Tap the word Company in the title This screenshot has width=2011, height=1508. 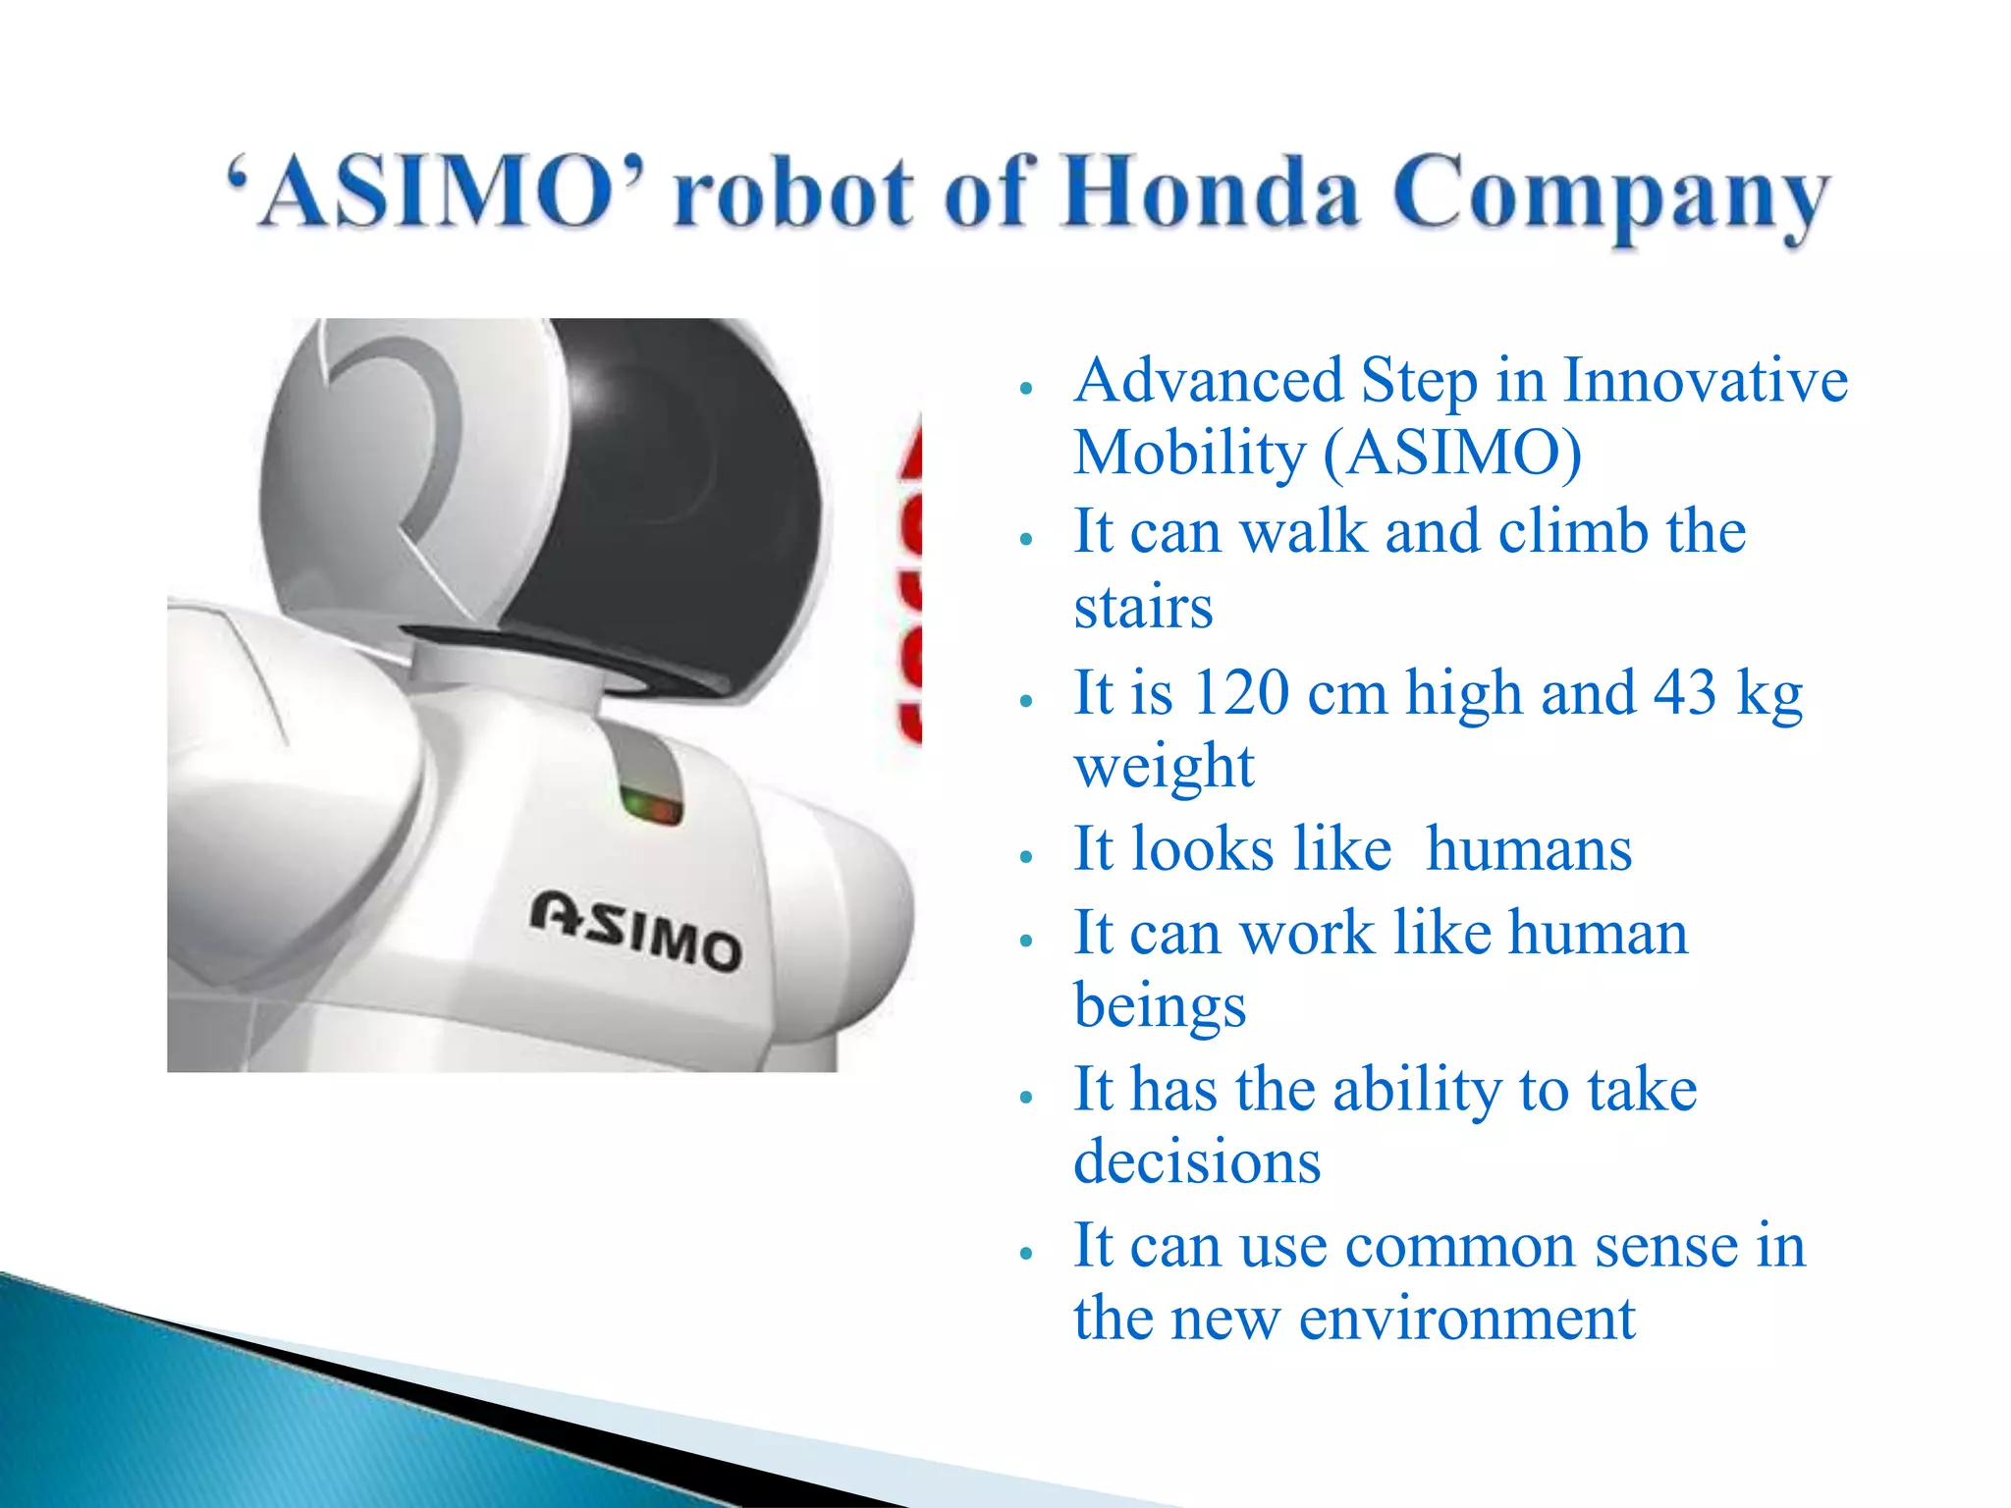pyautogui.click(x=1610, y=196)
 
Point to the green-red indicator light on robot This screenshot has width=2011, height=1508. pyautogui.click(x=650, y=807)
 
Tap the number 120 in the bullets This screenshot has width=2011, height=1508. pyautogui.click(x=1241, y=693)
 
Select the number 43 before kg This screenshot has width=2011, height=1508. pyautogui.click(x=1685, y=693)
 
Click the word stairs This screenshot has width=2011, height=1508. pyautogui.click(x=1143, y=607)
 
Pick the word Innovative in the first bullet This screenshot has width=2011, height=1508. pyautogui.click(x=1705, y=381)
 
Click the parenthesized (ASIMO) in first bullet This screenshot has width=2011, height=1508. pyautogui.click(x=1452, y=454)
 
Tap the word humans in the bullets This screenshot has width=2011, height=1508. pyautogui.click(x=1528, y=849)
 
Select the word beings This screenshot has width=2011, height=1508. pyautogui.click(x=1160, y=1007)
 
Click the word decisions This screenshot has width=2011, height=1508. pyautogui.click(x=1197, y=1162)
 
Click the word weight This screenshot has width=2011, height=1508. pyautogui.click(x=1164, y=766)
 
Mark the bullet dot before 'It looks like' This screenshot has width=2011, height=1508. pyautogui.click(x=1026, y=856)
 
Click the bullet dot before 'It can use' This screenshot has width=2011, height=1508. pyautogui.click(x=1026, y=1253)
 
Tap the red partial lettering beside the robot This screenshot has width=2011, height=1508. pyautogui.click(x=910, y=589)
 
